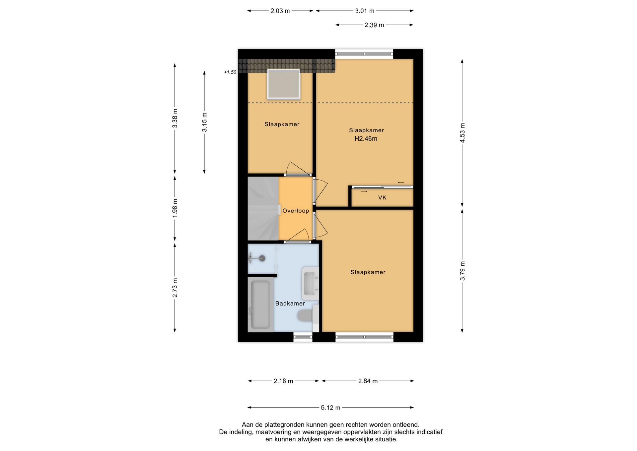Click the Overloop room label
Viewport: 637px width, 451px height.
pyautogui.click(x=296, y=211)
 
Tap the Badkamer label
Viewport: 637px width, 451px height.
pyautogui.click(x=290, y=303)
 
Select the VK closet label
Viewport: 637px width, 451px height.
pyautogui.click(x=382, y=198)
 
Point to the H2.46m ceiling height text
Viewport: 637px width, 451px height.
pyautogui.click(x=366, y=139)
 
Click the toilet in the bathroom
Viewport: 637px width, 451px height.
pyautogui.click(x=305, y=316)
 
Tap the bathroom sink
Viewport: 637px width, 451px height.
pyautogui.click(x=310, y=284)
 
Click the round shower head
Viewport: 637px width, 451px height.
pyautogui.click(x=262, y=258)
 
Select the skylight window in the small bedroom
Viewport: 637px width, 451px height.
pyautogui.click(x=283, y=84)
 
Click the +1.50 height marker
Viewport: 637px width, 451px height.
pyautogui.click(x=230, y=72)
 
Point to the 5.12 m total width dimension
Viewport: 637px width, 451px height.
pyautogui.click(x=330, y=407)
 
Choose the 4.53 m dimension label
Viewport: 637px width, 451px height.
pyautogui.click(x=462, y=133)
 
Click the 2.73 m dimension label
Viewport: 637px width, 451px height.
pyautogui.click(x=175, y=288)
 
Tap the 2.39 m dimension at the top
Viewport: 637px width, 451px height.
pyautogui.click(x=374, y=25)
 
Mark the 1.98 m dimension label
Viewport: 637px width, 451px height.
pyautogui.click(x=175, y=208)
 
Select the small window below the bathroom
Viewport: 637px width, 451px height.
pyautogui.click(x=303, y=337)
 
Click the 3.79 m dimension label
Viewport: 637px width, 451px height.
pyautogui.click(x=462, y=271)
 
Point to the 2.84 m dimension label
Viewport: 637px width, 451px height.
pyautogui.click(x=368, y=381)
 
